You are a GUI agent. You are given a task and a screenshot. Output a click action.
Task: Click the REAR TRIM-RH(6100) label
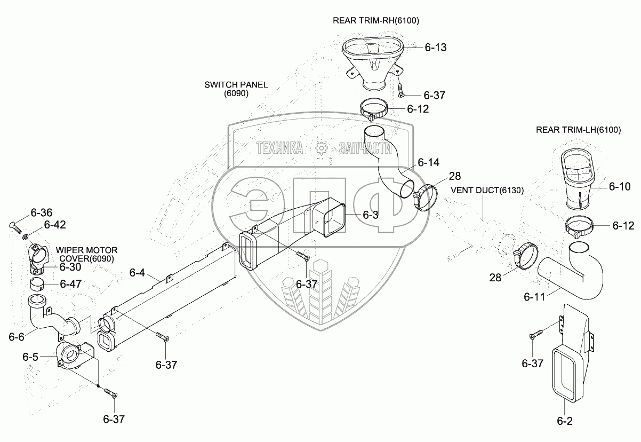[376, 21]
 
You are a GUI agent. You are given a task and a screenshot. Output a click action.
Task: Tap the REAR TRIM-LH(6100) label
[579, 130]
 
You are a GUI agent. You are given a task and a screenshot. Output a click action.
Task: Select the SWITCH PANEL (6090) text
[236, 89]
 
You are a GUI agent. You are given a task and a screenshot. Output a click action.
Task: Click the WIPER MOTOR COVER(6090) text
[87, 255]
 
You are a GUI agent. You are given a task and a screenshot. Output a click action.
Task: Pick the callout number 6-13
[435, 48]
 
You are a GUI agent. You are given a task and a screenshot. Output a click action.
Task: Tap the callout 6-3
[370, 215]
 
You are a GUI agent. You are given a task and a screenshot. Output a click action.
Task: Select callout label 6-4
[137, 273]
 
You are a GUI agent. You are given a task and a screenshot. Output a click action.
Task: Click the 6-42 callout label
[55, 225]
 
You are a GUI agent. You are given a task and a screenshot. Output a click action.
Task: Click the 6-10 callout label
[619, 186]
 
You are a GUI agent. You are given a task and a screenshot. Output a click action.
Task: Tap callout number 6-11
[535, 296]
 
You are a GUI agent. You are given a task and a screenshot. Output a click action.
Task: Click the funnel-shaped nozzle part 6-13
[372, 61]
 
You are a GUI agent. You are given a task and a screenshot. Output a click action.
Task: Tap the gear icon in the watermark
[321, 148]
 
